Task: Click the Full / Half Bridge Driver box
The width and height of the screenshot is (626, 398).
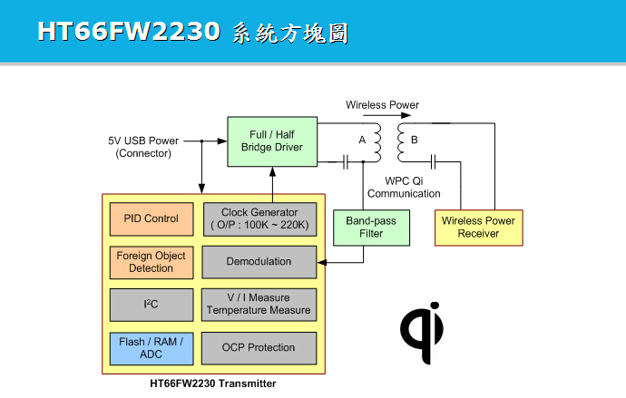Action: click(271, 141)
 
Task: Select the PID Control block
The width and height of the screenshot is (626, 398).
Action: click(151, 218)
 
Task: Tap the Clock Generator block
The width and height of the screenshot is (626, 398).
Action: click(259, 218)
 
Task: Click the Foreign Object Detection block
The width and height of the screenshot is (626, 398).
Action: click(151, 262)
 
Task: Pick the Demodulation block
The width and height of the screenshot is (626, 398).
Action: click(259, 262)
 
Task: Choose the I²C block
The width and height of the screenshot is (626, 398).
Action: click(151, 305)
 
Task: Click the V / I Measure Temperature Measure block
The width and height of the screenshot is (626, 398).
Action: click(259, 305)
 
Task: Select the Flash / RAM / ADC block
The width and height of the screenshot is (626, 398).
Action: click(151, 347)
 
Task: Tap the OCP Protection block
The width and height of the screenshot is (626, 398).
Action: click(259, 347)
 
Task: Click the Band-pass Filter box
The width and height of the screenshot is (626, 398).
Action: click(365, 227)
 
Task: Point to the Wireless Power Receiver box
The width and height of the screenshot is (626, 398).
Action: click(478, 227)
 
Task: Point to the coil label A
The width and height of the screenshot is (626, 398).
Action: click(362, 141)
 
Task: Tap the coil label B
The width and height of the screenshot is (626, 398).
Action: click(415, 141)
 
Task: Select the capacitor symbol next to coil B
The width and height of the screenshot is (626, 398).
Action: click(435, 162)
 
